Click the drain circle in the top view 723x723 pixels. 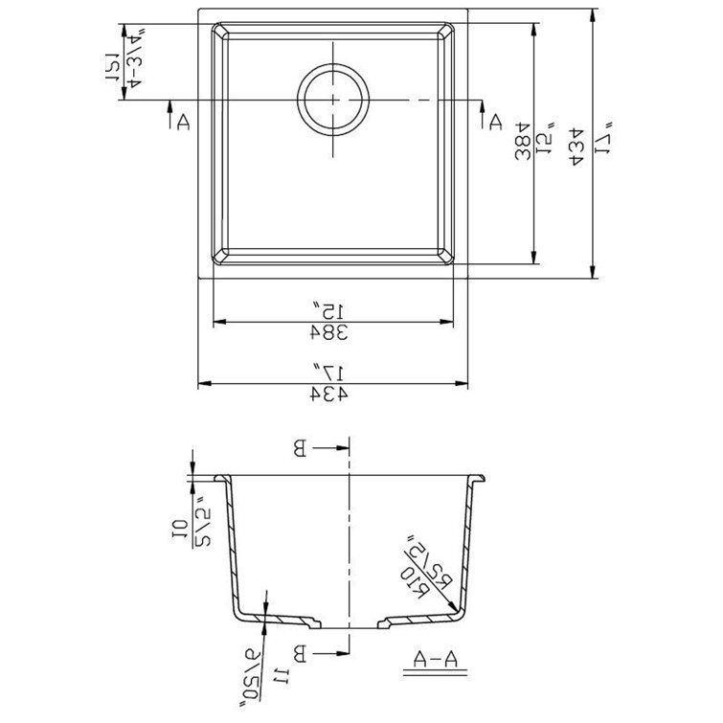click(x=332, y=100)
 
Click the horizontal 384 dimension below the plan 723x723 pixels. click(x=327, y=331)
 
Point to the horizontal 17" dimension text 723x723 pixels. click(x=328, y=370)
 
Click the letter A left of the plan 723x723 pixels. click(x=180, y=121)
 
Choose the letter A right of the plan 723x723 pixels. click(x=494, y=122)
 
